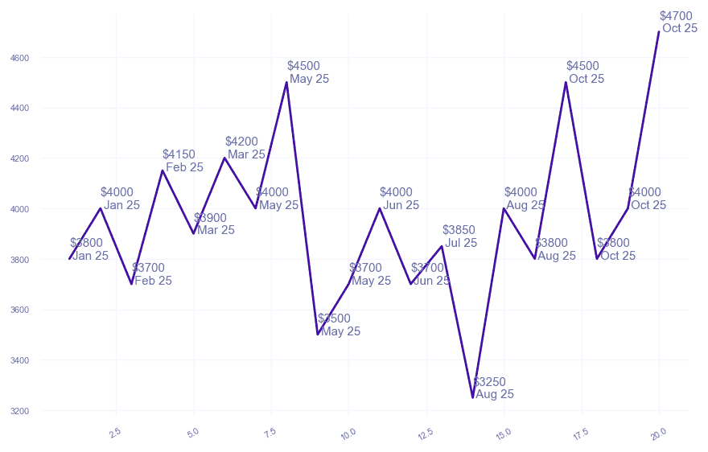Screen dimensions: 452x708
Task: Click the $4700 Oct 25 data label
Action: click(678, 22)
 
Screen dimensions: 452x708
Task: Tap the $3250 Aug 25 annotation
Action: click(493, 388)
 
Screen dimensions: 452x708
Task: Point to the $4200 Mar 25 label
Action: click(245, 148)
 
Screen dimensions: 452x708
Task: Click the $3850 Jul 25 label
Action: click(460, 236)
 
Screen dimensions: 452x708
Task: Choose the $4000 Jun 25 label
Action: click(400, 199)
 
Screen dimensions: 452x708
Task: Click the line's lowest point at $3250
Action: click(473, 397)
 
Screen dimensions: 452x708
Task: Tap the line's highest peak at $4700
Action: click(659, 32)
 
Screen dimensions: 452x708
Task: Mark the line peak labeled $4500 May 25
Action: click(286, 82)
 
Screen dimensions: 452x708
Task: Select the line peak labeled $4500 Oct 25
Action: click(566, 82)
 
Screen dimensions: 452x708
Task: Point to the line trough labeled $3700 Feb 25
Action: click(131, 284)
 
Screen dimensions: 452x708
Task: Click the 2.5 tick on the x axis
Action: click(114, 434)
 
